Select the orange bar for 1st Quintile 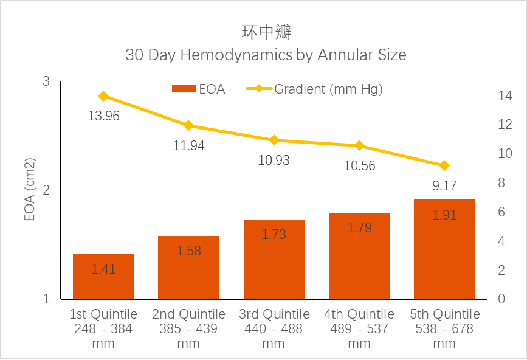[x=103, y=277]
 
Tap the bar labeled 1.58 [x=188, y=268]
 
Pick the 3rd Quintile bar [x=274, y=259]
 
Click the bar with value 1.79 [x=359, y=255]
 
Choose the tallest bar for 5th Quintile [x=444, y=249]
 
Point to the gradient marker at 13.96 [x=103, y=96]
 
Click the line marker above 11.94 [x=188, y=125]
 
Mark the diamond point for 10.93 [x=274, y=140]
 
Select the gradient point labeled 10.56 [x=359, y=145]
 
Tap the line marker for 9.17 [x=444, y=165]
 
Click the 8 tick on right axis [x=501, y=183]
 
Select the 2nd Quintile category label [x=188, y=328]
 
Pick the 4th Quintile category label [x=359, y=328]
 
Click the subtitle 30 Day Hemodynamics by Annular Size [x=266, y=55]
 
